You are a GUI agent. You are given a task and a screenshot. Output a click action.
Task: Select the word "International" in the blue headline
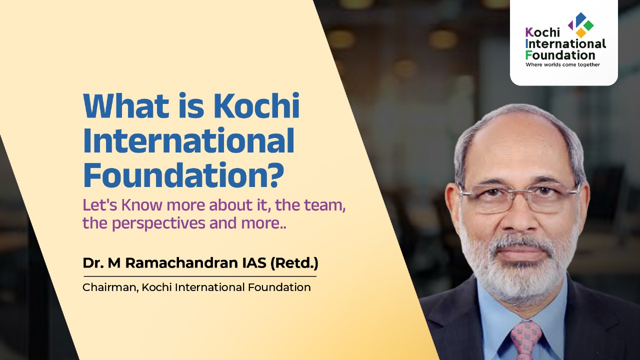point(188,140)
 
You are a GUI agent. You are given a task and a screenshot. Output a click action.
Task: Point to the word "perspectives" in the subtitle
point(158,223)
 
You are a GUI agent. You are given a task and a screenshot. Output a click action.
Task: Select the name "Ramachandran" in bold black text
point(181,263)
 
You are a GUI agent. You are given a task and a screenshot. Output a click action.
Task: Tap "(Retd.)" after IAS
point(294,263)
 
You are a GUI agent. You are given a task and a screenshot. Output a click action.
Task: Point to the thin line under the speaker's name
point(200,276)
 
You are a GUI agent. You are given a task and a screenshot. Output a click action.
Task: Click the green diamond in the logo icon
point(588,25)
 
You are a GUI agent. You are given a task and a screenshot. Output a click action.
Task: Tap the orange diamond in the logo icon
point(581,32)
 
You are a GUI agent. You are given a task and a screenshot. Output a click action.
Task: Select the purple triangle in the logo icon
point(570,25)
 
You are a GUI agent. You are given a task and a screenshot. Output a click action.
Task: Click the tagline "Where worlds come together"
point(562,64)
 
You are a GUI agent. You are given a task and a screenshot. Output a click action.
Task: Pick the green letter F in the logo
point(529,55)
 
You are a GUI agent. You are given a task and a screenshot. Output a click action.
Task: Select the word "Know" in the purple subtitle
point(142,205)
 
